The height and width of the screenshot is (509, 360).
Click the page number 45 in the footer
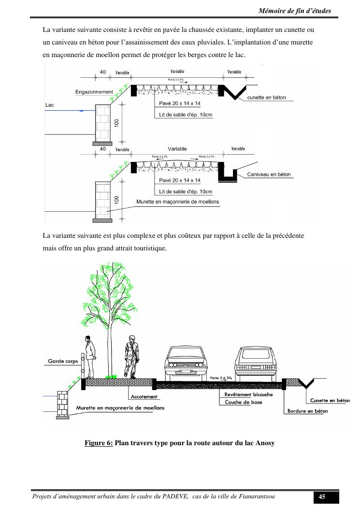(321, 497)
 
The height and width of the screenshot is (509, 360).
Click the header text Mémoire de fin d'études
(295, 11)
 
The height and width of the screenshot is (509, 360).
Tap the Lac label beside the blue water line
(49, 104)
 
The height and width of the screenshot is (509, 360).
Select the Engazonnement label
(94, 91)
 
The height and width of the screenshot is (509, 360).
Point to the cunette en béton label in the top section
(266, 98)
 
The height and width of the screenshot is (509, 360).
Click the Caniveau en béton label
(269, 175)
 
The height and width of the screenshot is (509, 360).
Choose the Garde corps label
(63, 361)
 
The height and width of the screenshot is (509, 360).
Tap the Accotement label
(144, 397)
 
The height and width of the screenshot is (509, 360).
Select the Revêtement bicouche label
(248, 394)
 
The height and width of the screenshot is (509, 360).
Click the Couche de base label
(244, 402)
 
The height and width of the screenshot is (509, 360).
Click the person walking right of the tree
(131, 357)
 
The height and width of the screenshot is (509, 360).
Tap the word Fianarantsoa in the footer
(257, 497)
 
